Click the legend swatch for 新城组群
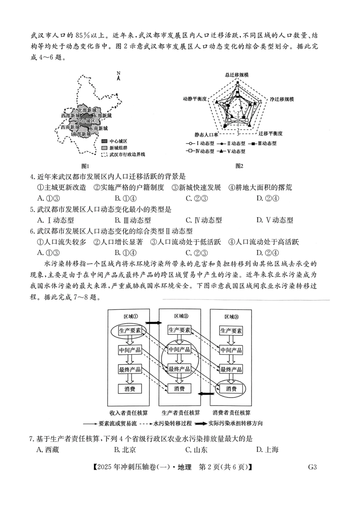click(x=105, y=148)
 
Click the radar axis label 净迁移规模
click(x=282, y=99)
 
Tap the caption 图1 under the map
click(x=85, y=166)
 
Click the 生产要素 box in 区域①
click(x=130, y=330)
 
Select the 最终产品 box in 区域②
click(x=179, y=369)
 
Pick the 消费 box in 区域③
click(x=231, y=388)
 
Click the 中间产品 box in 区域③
click(x=231, y=350)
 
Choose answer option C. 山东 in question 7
click(x=196, y=450)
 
